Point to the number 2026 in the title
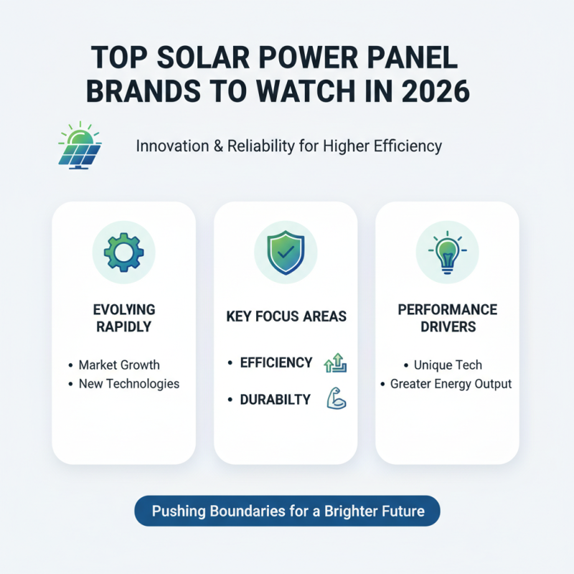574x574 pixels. [431, 91]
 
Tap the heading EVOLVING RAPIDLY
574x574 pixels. [123, 318]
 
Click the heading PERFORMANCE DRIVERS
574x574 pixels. [447, 318]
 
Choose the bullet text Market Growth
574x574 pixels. [119, 365]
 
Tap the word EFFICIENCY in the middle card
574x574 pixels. [276, 362]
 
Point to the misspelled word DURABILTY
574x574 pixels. [275, 400]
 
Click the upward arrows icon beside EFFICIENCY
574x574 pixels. [336, 362]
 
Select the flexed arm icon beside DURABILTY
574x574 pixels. [336, 399]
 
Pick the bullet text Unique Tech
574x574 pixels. [448, 365]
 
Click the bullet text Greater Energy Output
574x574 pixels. [451, 384]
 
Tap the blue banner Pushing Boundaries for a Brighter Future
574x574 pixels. [287, 512]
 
